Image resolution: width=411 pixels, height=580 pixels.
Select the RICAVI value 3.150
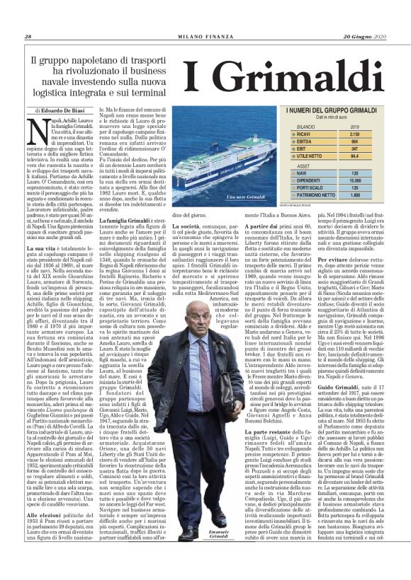point(354,133)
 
